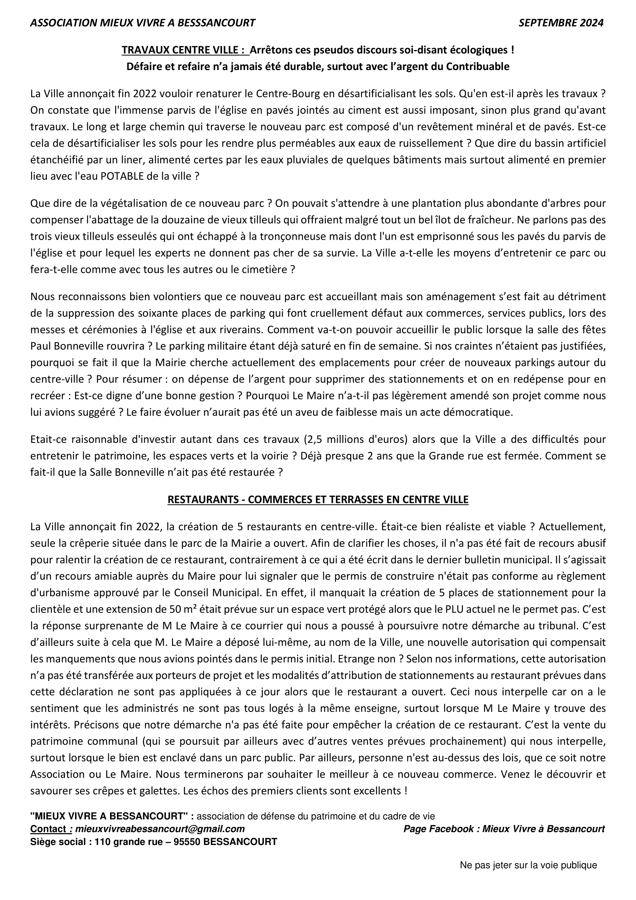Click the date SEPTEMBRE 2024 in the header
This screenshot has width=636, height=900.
pos(561,23)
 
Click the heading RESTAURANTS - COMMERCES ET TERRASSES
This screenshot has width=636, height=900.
pos(318,500)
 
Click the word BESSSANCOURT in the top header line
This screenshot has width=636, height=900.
pos(216,23)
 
